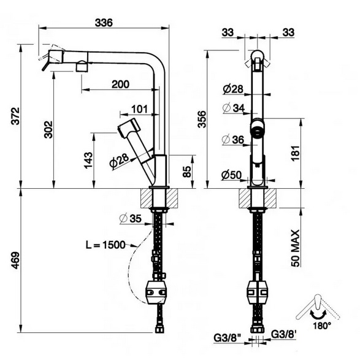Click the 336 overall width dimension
(104, 23)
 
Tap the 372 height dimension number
(16, 116)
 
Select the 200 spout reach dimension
(120, 84)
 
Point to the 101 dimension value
(139, 109)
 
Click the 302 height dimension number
(48, 129)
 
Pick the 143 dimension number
(88, 160)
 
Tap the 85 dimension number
(187, 171)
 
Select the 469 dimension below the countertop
(16, 260)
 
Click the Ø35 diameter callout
(131, 218)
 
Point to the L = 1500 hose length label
(105, 245)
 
